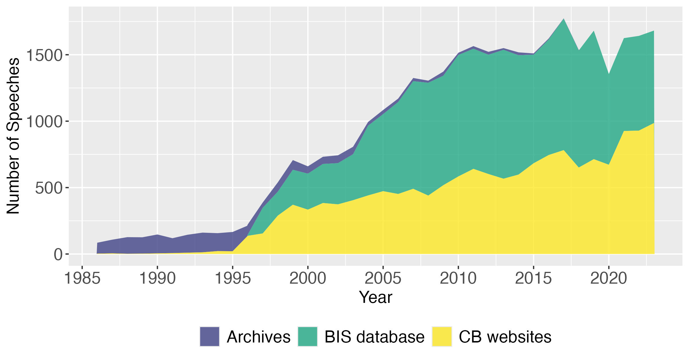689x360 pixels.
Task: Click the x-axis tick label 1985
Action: click(x=82, y=278)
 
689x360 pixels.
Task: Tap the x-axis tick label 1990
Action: click(x=157, y=278)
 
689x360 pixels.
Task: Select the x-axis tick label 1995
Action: click(x=233, y=278)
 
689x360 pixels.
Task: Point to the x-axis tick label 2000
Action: click(x=308, y=278)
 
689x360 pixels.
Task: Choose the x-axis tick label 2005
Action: click(x=383, y=278)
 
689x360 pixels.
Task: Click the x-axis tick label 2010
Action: click(x=458, y=278)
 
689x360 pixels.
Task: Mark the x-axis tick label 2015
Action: click(x=533, y=278)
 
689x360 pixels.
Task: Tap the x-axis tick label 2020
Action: click(x=609, y=278)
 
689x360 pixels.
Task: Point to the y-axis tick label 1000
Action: click(x=44, y=122)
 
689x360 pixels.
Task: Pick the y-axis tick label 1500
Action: click(x=44, y=55)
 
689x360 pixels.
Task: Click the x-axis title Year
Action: click(x=376, y=297)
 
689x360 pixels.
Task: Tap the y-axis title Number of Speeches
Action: click(x=13, y=136)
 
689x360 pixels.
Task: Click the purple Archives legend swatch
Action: click(x=210, y=336)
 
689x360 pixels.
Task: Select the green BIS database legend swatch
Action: click(x=307, y=336)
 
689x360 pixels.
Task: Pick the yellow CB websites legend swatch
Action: click(x=442, y=336)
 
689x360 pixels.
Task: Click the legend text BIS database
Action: click(x=374, y=337)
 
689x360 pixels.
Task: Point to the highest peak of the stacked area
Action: click(x=564, y=19)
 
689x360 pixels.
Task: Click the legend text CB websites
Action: click(x=505, y=337)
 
